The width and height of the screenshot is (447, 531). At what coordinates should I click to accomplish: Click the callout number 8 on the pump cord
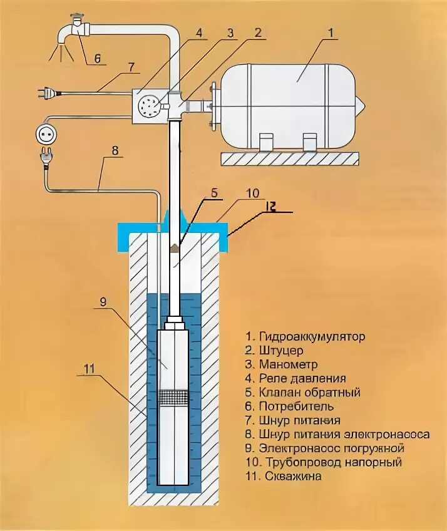click(x=115, y=151)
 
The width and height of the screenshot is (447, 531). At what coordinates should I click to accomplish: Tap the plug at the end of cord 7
click(x=44, y=93)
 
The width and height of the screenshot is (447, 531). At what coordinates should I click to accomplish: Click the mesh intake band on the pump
click(x=177, y=396)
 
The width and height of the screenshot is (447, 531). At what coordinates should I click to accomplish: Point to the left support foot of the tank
click(x=267, y=142)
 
